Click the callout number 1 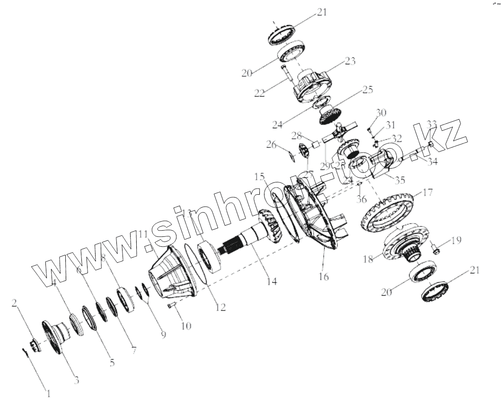coord(48,392)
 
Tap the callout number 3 coord(76,379)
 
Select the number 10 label coord(185,326)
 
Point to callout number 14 coord(272,281)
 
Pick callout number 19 coord(456,240)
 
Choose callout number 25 coord(368,89)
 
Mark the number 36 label coord(361,199)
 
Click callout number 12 coord(220,307)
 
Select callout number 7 coord(133,351)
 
